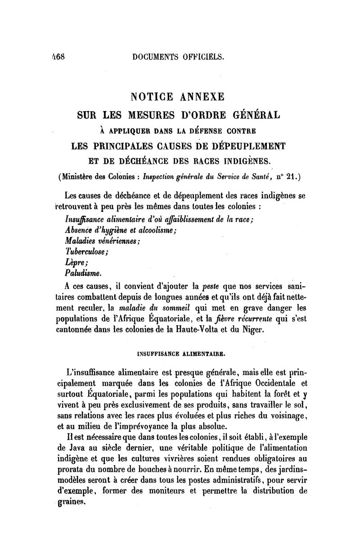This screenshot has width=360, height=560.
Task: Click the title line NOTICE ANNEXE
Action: pyautogui.click(x=180, y=97)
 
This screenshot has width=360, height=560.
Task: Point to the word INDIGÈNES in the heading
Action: pyautogui.click(x=245, y=161)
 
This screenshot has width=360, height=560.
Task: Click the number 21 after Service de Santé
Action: pyautogui.click(x=292, y=177)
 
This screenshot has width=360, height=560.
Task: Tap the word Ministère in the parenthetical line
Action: pyautogui.click(x=82, y=177)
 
